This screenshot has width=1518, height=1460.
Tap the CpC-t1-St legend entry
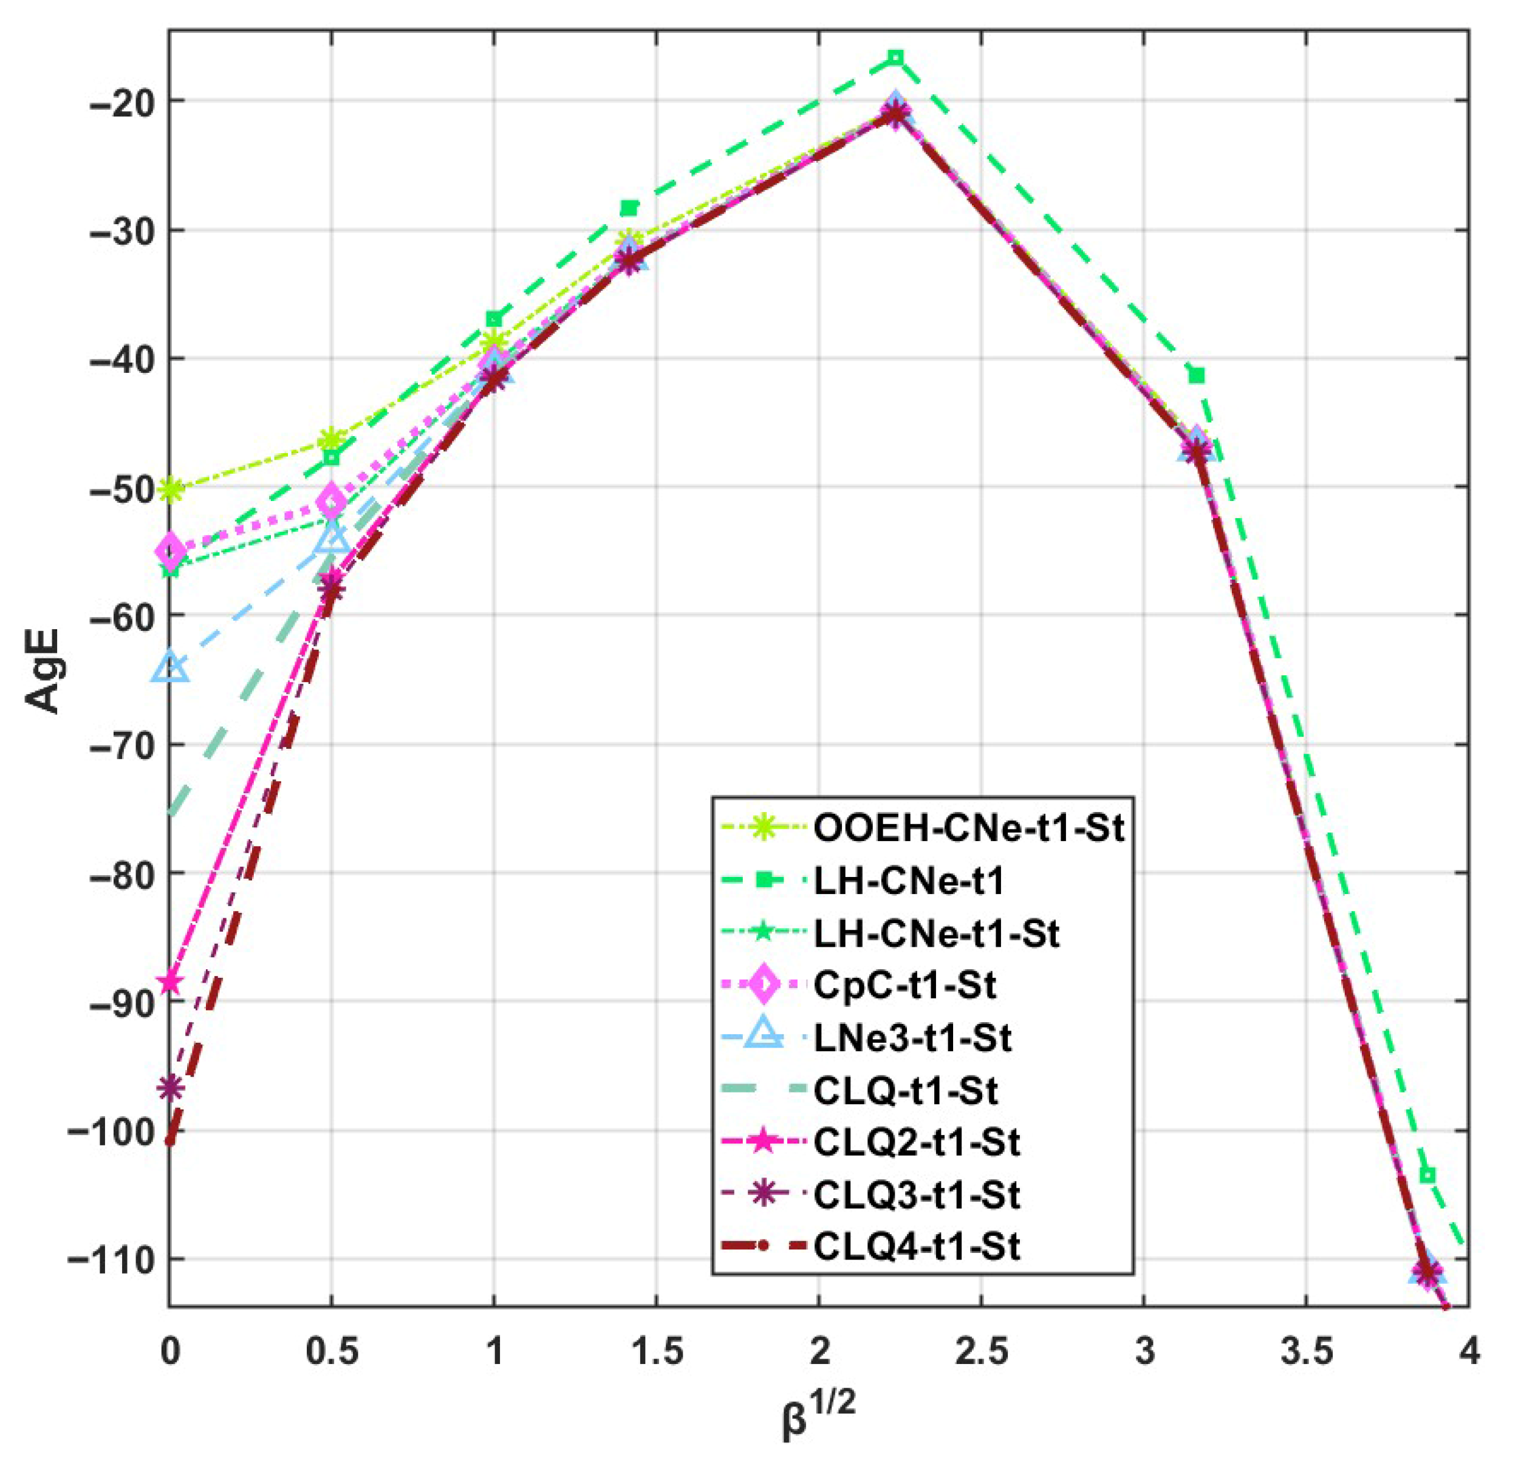click(x=904, y=985)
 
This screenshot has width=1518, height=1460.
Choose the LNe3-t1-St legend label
click(x=912, y=1038)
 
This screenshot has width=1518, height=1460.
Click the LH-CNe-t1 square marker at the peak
click(x=896, y=58)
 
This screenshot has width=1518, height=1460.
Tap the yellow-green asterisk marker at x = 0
click(x=170, y=490)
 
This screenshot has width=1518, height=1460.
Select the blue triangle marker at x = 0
click(x=170, y=667)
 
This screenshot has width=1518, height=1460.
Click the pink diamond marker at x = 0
click(x=170, y=551)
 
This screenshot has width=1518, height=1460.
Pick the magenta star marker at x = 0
click(x=170, y=983)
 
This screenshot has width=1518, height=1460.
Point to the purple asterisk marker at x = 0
click(x=170, y=1088)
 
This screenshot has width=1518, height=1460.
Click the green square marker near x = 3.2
click(x=1197, y=376)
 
